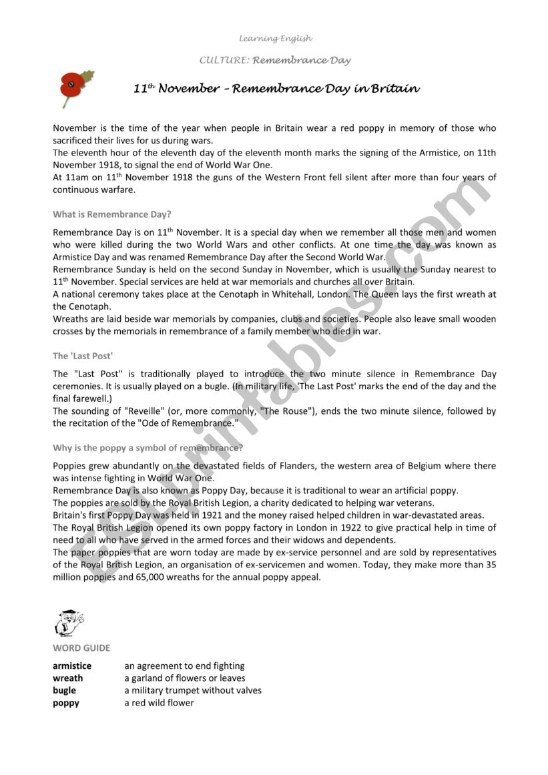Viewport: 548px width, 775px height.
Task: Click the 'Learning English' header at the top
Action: [x=276, y=38]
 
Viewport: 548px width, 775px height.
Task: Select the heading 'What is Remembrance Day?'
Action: [x=112, y=214]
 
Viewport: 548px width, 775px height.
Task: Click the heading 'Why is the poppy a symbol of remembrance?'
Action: [x=148, y=447]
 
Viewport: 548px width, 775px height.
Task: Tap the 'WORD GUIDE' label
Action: [x=81, y=648]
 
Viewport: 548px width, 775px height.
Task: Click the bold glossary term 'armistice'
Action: [x=72, y=666]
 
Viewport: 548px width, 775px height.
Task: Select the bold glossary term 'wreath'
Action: [x=68, y=678]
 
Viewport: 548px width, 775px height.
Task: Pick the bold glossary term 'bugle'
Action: [x=65, y=690]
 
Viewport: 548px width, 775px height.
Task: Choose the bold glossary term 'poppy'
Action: [x=66, y=703]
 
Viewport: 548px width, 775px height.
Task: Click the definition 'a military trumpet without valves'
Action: [x=193, y=690]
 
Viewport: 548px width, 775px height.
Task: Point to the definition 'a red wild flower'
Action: [x=159, y=703]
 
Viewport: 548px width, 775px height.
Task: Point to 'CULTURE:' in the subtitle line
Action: [x=224, y=60]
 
